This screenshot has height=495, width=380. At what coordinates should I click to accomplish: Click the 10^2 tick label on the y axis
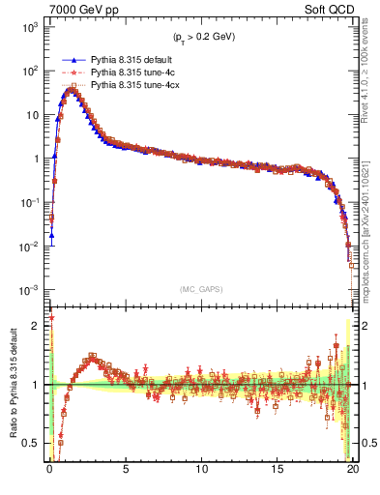[x=29, y=71]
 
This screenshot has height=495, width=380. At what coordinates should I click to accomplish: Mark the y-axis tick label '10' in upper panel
[x=32, y=115]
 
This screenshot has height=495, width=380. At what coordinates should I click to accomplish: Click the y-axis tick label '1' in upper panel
[x=38, y=159]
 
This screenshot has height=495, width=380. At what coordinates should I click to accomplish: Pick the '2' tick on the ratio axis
[x=39, y=326]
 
